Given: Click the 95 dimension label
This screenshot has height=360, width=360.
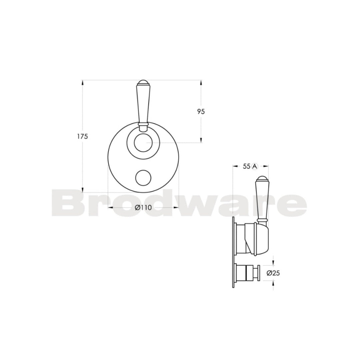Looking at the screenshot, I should (x=201, y=111).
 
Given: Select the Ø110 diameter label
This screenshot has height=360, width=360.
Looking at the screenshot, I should (x=143, y=207).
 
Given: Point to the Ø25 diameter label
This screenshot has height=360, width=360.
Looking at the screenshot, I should (x=273, y=273).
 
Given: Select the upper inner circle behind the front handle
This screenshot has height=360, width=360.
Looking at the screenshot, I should (x=143, y=143).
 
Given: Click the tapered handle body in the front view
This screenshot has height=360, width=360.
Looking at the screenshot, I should (x=143, y=103).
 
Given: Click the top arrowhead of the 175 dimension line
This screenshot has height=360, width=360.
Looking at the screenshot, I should (x=82, y=81).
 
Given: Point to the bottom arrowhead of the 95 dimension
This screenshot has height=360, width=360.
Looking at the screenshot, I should (x=201, y=141).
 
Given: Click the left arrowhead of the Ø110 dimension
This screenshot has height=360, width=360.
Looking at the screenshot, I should (x=110, y=207).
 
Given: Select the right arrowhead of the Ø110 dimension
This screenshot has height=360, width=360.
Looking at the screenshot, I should (x=178, y=207).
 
